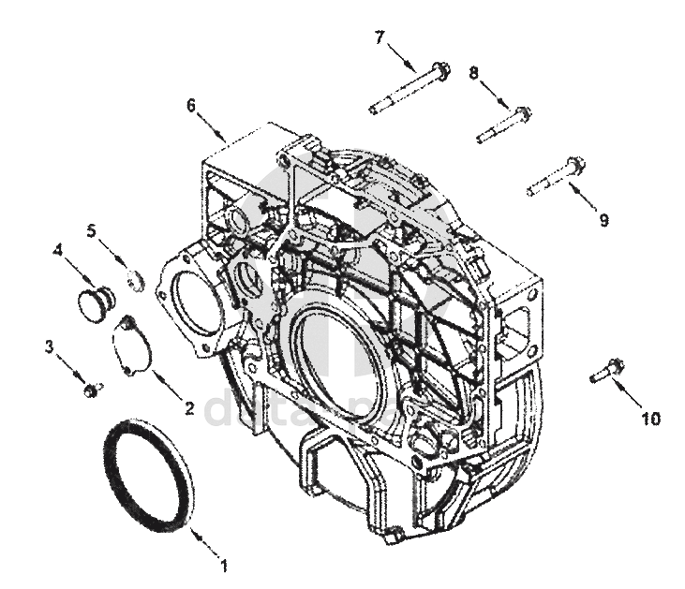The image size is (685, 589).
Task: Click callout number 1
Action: pyautogui.click(x=223, y=566)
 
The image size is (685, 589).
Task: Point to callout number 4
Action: pyautogui.click(x=58, y=250)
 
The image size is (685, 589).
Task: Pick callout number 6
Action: pyautogui.click(x=191, y=105)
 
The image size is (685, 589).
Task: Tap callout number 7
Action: pyautogui.click(x=380, y=37)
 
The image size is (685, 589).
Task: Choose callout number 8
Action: pyautogui.click(x=473, y=71)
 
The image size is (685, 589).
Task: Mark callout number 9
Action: pyautogui.click(x=603, y=220)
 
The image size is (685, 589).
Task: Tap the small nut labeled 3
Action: pyautogui.click(x=90, y=388)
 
